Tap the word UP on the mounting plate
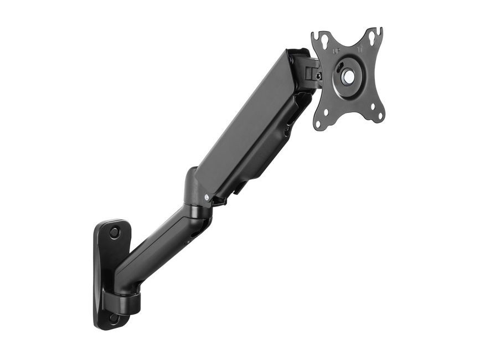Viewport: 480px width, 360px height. [x=337, y=50]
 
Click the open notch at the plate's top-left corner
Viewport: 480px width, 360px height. [x=314, y=35]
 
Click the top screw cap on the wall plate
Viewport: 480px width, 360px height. [x=114, y=233]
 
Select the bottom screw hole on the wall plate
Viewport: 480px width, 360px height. [x=113, y=318]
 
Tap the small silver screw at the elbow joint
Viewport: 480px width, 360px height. [x=207, y=197]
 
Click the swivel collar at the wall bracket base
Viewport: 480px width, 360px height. [x=128, y=302]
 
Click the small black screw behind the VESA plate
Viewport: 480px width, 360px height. [x=318, y=76]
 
